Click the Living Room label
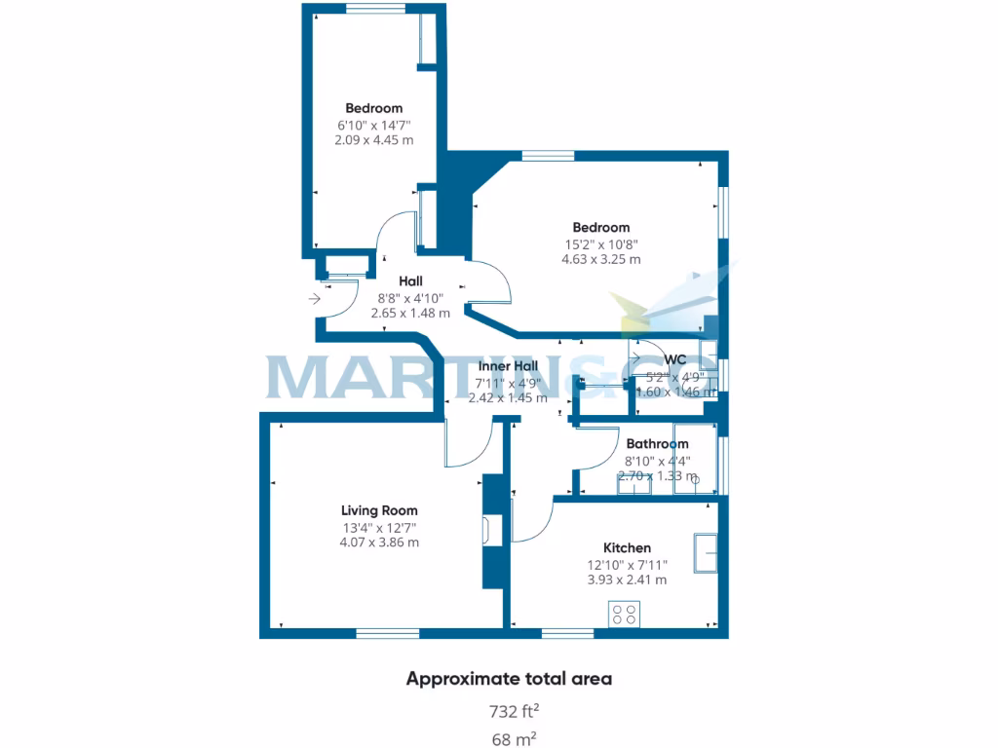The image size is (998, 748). (379, 510)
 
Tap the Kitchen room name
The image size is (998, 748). (627, 548)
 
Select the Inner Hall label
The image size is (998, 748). (508, 366)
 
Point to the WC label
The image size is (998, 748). (675, 358)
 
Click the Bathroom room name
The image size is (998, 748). (657, 444)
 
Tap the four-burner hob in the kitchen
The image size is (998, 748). (625, 614)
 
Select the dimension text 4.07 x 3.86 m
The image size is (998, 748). (379, 542)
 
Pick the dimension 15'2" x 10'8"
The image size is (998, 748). (600, 244)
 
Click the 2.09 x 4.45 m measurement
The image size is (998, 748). (373, 139)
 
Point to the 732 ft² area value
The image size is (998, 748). (510, 711)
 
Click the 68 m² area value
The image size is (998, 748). (515, 739)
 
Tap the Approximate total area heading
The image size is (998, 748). (509, 679)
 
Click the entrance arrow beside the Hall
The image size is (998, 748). (314, 299)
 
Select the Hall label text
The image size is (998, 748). (410, 281)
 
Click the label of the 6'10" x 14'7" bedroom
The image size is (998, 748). (373, 108)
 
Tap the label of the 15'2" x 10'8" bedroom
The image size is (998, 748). (600, 228)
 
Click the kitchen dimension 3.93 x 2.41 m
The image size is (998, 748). (627, 580)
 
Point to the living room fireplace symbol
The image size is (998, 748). (485, 531)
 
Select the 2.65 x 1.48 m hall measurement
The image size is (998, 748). (410, 314)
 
